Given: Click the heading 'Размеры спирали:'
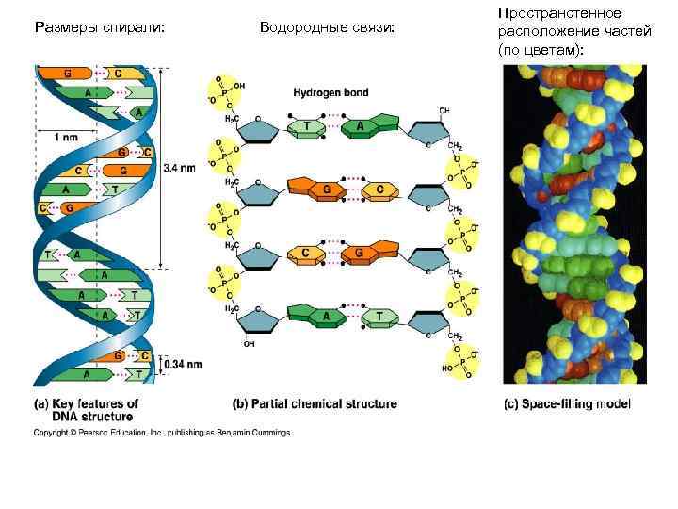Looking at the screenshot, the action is click(x=99, y=29).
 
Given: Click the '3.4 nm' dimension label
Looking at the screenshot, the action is click(x=180, y=168).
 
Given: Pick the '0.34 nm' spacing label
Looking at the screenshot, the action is click(x=179, y=362).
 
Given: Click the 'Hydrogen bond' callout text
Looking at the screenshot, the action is click(x=331, y=93).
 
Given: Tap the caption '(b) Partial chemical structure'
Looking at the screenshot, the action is click(x=315, y=403).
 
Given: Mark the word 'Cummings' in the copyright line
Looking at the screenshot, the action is click(x=270, y=433).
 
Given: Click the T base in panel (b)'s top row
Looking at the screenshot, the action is click(x=308, y=126).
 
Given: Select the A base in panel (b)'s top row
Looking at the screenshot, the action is click(x=359, y=125).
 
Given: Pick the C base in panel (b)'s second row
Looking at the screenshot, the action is click(x=380, y=189).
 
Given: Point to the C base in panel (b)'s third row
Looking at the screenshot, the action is click(x=305, y=254).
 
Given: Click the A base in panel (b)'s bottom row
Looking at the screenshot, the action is click(x=326, y=317).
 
